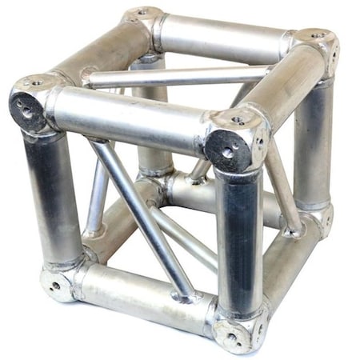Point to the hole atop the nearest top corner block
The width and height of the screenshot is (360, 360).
tap(238, 120)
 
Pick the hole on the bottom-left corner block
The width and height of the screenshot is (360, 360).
tap(54, 284)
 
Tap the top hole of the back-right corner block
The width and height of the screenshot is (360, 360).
tap(318, 36)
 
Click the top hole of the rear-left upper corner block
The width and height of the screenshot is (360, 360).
tap(142, 13)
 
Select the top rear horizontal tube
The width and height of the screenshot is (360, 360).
tap(224, 36)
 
